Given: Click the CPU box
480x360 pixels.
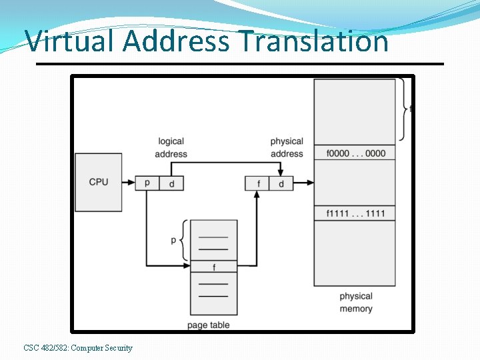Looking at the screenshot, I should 99,182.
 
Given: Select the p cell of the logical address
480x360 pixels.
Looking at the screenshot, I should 147,183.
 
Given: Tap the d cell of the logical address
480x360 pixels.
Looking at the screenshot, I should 171,183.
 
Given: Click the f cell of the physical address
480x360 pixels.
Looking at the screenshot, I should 257,183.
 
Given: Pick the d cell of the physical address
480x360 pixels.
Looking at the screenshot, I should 281,183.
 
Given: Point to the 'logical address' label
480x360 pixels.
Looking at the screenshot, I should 171,147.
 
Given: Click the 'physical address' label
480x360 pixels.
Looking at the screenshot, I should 287,147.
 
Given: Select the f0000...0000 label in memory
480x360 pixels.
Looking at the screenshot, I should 355,153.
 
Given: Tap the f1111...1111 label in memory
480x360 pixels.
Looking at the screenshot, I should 355,213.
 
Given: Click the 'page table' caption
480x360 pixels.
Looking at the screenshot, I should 209,325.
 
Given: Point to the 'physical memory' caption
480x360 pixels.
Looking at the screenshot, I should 356,303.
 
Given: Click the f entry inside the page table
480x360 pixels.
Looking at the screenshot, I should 213,267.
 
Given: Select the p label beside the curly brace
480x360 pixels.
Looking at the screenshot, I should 173,239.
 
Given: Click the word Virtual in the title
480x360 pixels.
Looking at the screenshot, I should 71,41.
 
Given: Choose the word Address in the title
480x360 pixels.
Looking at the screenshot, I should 177,41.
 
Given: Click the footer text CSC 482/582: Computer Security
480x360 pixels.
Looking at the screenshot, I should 78,348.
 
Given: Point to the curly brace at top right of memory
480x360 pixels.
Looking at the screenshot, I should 403,109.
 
